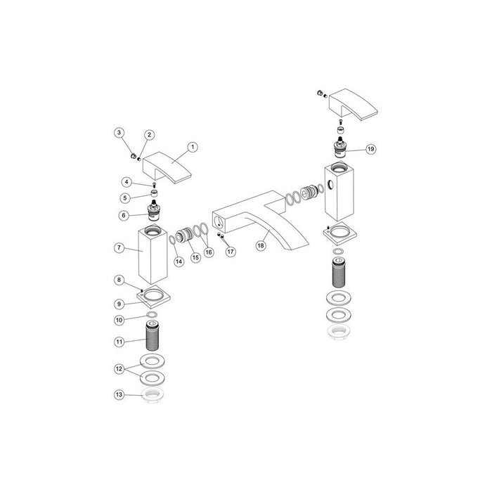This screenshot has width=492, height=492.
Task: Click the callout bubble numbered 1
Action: [x=193, y=148]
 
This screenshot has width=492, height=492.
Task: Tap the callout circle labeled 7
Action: [x=119, y=248]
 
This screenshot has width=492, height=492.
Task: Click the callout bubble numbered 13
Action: [x=119, y=395]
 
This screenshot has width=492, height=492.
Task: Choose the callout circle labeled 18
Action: [x=261, y=246]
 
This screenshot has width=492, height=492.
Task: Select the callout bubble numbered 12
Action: [x=119, y=368]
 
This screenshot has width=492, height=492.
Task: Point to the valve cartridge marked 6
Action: [x=153, y=209]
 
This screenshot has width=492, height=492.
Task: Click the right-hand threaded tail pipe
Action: [x=338, y=271]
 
